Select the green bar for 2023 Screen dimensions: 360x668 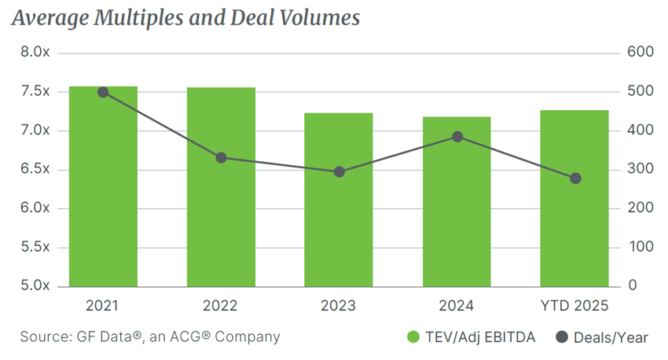(x=339, y=200)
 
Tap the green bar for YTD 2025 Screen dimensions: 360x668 (x=574, y=198)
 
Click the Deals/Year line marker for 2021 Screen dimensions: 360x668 (x=103, y=92)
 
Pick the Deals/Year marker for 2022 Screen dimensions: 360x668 (x=221, y=158)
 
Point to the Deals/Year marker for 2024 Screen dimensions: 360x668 (x=457, y=137)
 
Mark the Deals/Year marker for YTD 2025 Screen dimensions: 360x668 (x=574, y=178)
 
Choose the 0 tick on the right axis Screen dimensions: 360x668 (x=633, y=286)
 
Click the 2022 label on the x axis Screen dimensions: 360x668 (x=221, y=306)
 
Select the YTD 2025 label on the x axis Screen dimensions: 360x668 (x=574, y=306)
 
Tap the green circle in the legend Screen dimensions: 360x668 (x=413, y=337)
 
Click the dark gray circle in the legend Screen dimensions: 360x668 (x=561, y=337)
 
